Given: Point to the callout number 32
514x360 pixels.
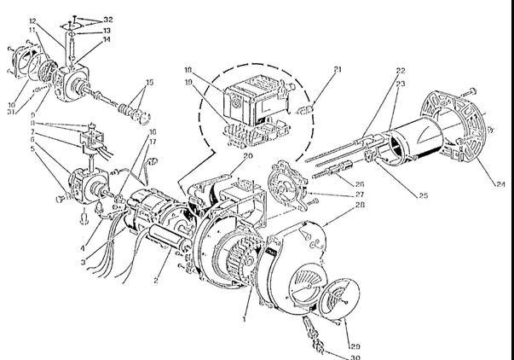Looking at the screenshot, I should point(108,18).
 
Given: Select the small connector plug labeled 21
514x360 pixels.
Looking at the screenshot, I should point(309,108).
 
